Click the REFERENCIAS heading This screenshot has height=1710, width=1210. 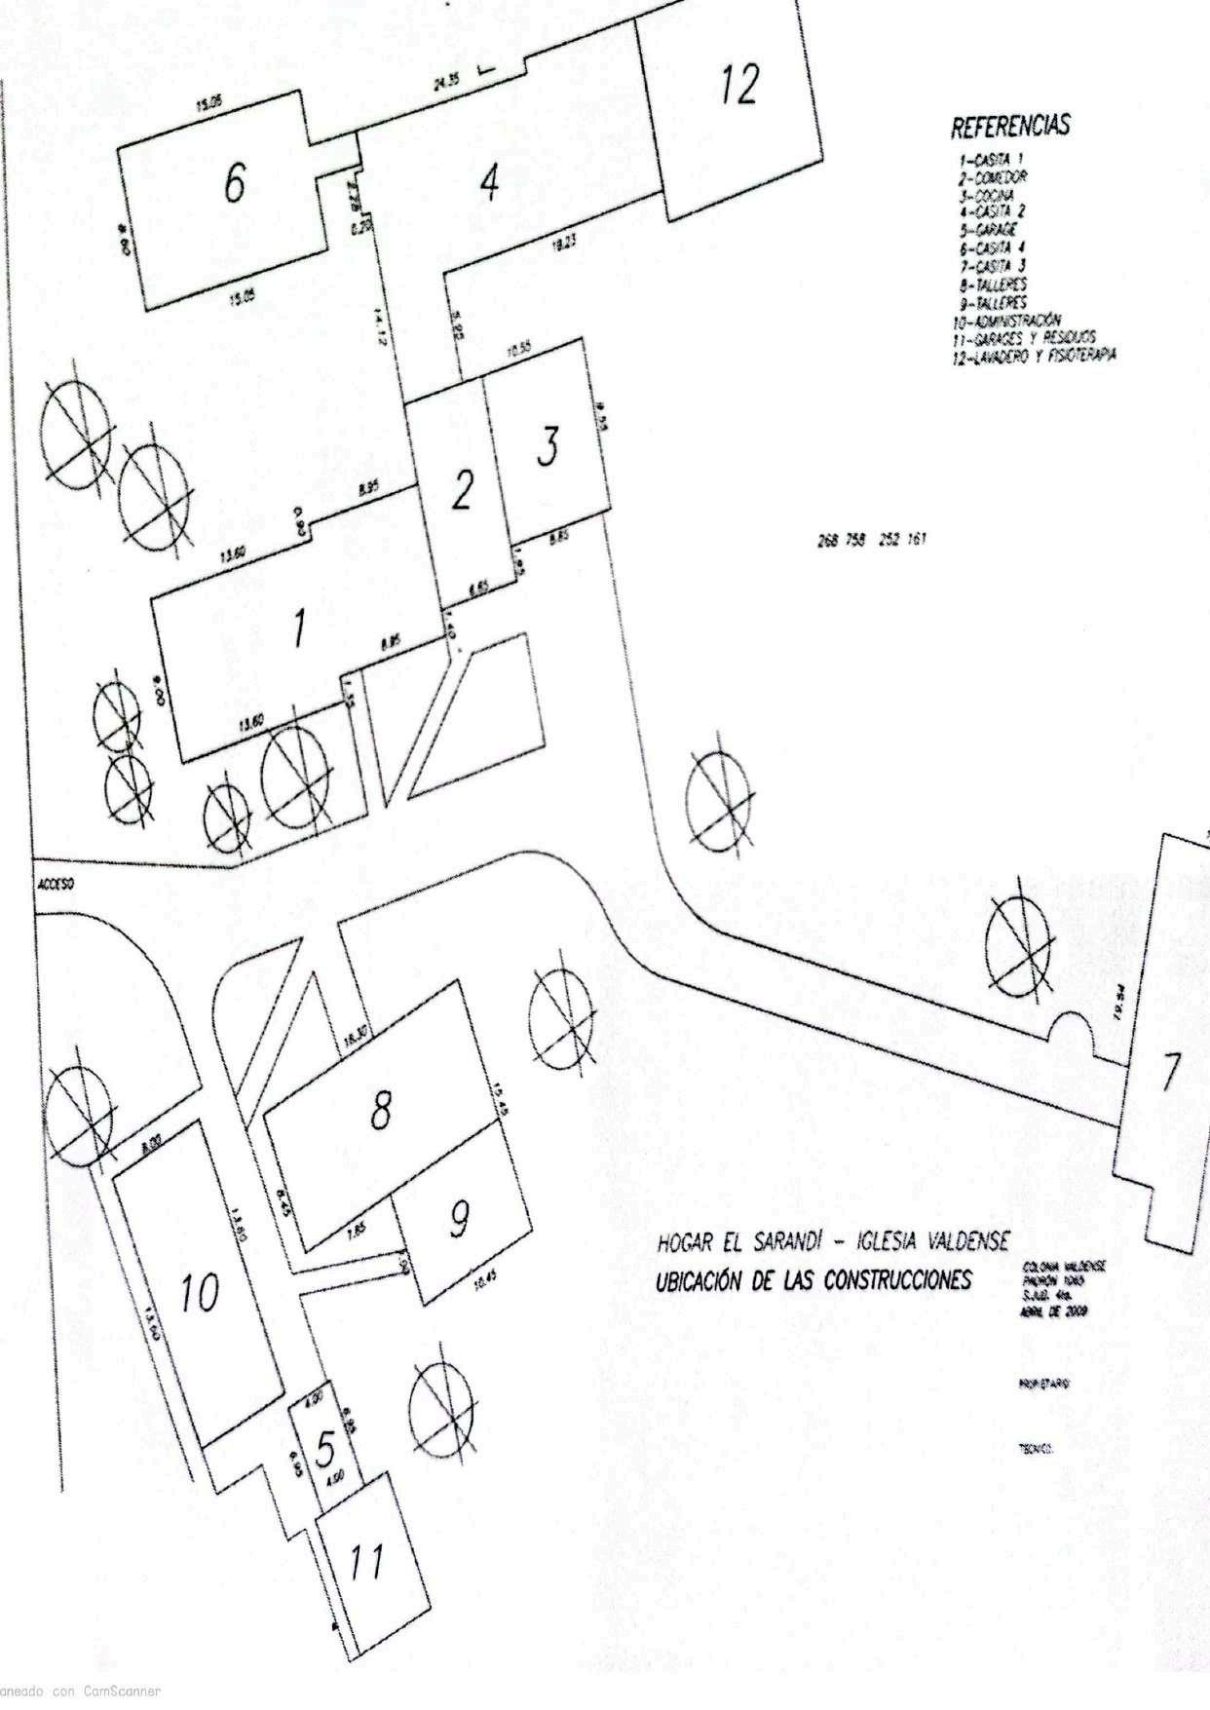click(x=1010, y=127)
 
